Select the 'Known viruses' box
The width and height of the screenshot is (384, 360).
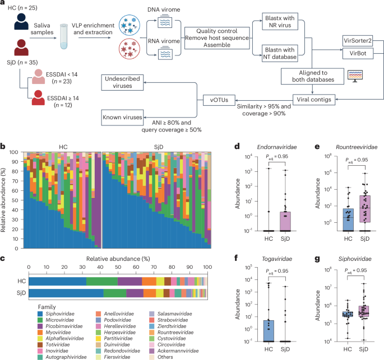[122, 118]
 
